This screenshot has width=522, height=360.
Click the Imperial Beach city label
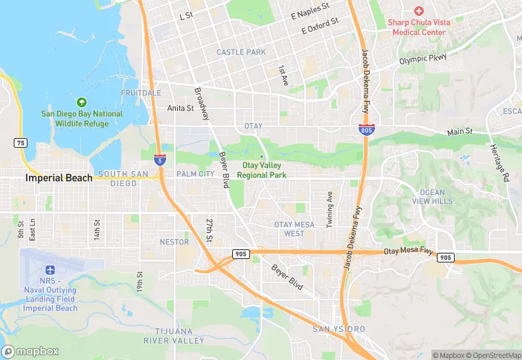click(x=58, y=178)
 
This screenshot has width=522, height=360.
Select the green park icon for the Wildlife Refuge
click(x=82, y=102)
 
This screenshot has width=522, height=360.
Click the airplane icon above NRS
click(x=49, y=269)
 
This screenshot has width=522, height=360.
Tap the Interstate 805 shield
click(x=366, y=128)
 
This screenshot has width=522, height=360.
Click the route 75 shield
click(x=21, y=142)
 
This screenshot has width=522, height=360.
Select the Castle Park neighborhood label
click(x=240, y=52)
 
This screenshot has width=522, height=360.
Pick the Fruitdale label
click(x=141, y=93)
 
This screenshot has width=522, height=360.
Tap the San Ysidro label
click(x=339, y=330)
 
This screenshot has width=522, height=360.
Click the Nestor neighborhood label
click(x=174, y=242)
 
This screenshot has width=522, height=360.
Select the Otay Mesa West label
click(x=294, y=229)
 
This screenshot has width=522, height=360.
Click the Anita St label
click(x=180, y=108)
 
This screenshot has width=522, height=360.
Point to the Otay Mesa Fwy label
click(x=409, y=252)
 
